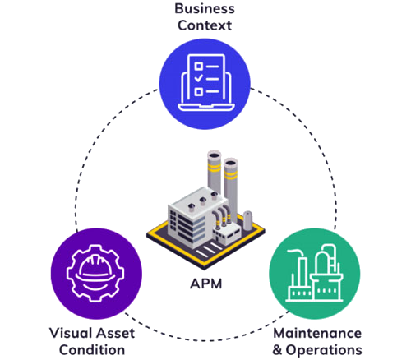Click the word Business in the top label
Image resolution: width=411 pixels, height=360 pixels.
[205, 8]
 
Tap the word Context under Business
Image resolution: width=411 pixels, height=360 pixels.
[205, 25]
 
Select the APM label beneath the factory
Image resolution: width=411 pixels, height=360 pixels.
[206, 284]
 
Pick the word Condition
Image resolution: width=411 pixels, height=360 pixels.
[92, 350]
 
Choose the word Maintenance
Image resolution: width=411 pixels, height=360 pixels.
[317, 333]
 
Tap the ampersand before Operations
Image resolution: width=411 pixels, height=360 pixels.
[277, 350]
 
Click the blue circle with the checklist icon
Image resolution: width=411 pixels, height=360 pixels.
[205, 84]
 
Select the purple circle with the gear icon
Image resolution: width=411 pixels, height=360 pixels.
[96, 274]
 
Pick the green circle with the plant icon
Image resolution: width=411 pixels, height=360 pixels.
[315, 274]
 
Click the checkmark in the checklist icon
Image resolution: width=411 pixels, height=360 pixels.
[199, 78]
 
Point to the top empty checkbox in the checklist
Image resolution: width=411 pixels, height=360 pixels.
[198, 66]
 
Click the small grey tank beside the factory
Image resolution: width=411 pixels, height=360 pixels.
[247, 220]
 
